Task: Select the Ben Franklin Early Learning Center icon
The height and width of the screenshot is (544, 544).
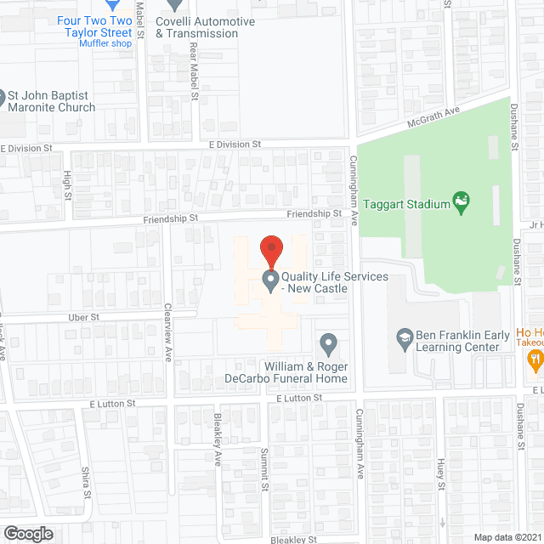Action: point(405,336)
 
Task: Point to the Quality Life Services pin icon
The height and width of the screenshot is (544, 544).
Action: point(271,279)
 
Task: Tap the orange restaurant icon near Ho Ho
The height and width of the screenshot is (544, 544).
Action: point(535,360)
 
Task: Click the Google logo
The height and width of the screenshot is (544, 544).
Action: point(27,533)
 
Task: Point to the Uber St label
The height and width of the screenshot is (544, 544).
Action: point(84,317)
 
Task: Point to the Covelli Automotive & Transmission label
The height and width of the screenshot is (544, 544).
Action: point(205,27)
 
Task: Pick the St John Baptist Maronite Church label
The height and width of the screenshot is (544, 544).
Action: point(51,102)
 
